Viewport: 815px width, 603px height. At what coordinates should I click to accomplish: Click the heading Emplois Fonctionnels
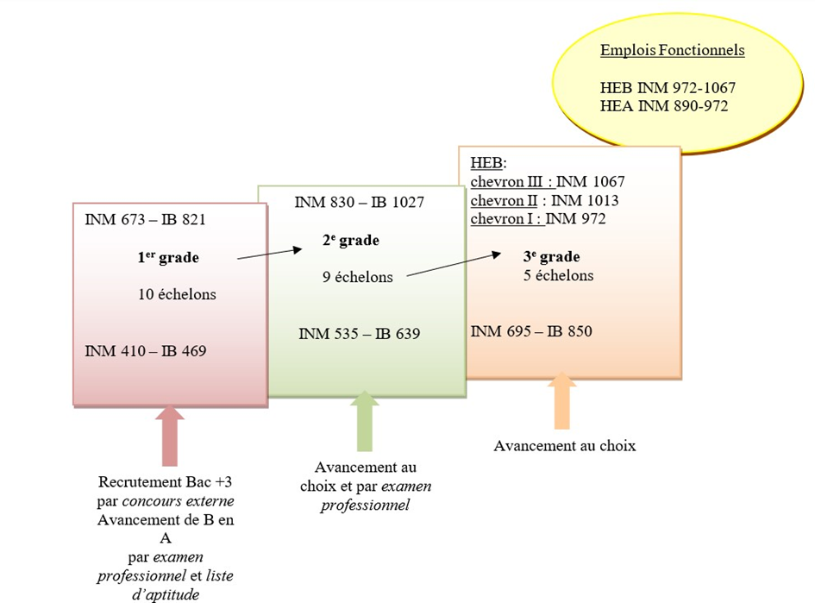(x=672, y=50)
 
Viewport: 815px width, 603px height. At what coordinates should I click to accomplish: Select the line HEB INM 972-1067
(x=668, y=88)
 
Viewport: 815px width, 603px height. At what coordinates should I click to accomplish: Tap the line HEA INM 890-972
(x=664, y=106)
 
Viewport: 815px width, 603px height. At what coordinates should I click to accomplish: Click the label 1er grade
(x=168, y=257)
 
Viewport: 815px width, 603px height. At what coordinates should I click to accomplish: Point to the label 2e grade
(x=351, y=240)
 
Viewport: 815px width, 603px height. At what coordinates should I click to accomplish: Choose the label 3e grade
(x=551, y=256)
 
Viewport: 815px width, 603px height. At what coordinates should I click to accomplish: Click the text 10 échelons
(x=177, y=294)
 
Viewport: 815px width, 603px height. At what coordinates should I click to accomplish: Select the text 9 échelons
(x=358, y=277)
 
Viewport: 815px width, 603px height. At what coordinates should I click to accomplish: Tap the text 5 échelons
(x=558, y=275)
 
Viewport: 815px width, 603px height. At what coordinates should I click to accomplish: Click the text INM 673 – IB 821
(x=145, y=219)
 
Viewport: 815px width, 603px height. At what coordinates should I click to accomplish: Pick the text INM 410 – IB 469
(x=146, y=351)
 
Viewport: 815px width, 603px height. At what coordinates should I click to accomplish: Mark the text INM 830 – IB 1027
(x=359, y=202)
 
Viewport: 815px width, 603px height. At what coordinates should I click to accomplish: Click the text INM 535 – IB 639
(x=359, y=334)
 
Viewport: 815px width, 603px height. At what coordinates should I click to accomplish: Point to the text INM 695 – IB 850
(x=531, y=331)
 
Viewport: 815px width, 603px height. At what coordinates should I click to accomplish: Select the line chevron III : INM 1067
(x=548, y=181)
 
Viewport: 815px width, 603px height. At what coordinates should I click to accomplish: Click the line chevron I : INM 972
(x=538, y=219)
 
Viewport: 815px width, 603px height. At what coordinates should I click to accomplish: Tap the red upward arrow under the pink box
(x=170, y=436)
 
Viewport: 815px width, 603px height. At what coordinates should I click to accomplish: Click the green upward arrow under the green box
(x=365, y=421)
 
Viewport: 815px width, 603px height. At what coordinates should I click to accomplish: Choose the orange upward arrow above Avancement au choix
(x=561, y=401)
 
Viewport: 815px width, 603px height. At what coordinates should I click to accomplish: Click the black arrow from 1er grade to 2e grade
(x=270, y=254)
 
